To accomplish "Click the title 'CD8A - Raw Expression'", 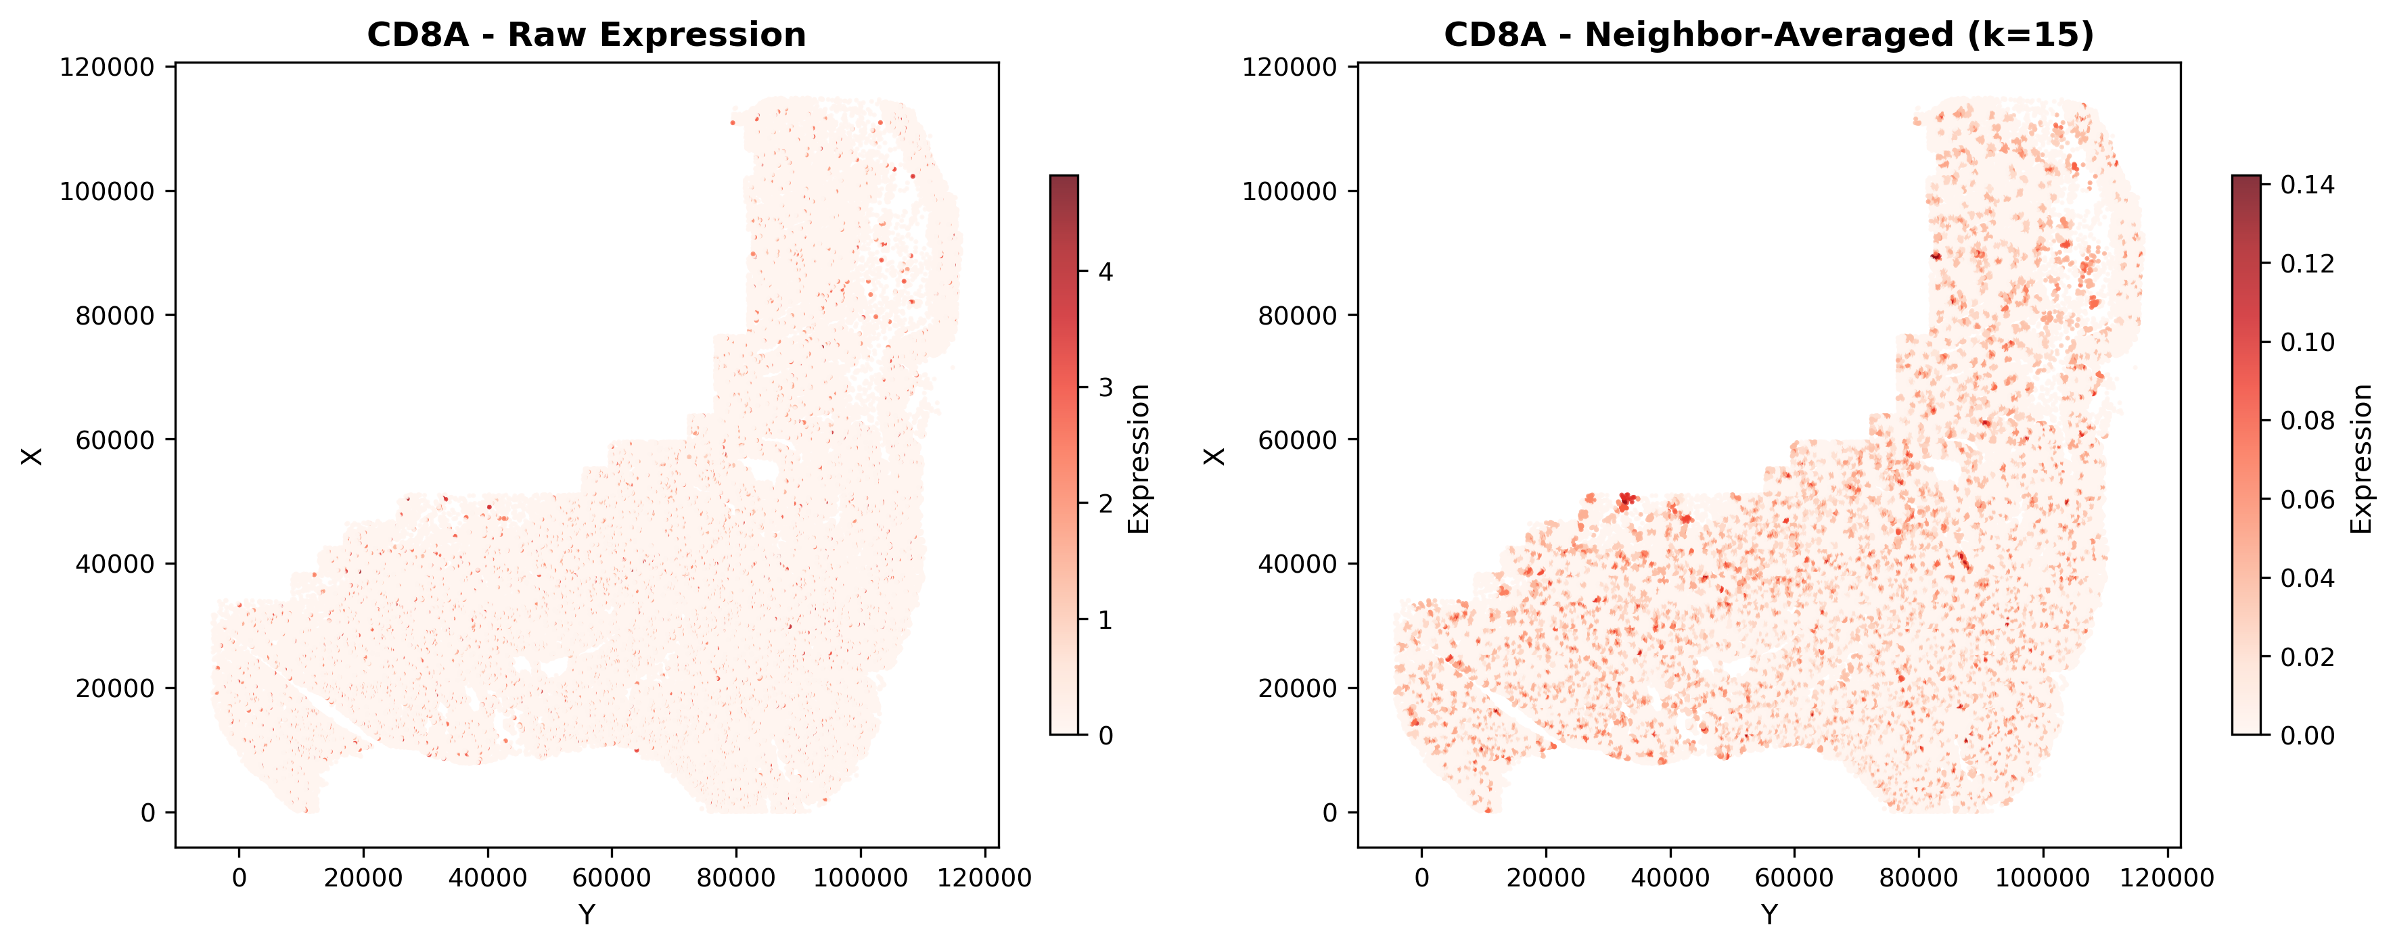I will coord(586,34).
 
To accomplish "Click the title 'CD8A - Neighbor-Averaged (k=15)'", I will coord(1769,34).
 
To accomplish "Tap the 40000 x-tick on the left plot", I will coord(487,878).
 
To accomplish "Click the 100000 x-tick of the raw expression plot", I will coord(860,878).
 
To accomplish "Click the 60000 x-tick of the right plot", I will coord(1794,878).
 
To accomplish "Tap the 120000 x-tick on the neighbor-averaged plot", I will coord(2167,878).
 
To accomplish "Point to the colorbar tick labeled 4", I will coord(1105,271).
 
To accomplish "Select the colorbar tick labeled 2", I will coord(1105,503).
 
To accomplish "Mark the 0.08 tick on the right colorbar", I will coord(2308,421).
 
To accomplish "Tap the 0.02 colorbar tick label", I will coord(2308,657).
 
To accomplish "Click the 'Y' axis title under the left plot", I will coord(586,916).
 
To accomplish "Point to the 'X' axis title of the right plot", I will coord(1214,456).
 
